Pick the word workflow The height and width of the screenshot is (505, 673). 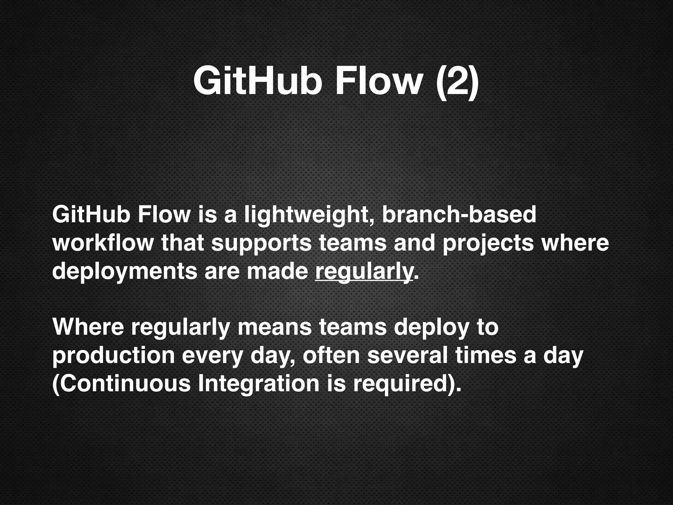click(103, 243)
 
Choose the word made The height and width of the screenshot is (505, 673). click(277, 272)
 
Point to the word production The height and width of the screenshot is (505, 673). click(113, 356)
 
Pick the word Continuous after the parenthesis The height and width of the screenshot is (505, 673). click(125, 384)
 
